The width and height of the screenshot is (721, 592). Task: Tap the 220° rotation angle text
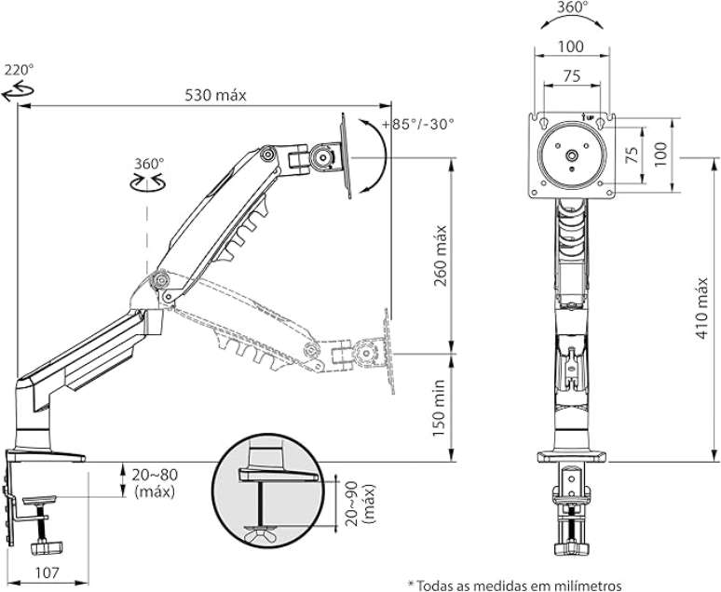pos(19,70)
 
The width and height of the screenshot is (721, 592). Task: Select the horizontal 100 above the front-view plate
pos(572,47)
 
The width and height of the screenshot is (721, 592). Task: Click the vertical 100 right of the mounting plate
pos(660,153)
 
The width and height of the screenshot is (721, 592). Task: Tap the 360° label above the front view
pos(572,7)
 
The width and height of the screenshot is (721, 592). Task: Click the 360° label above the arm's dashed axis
pos(147,163)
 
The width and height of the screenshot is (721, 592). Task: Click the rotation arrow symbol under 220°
pos(16,89)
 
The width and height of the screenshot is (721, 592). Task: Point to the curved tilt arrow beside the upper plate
pos(376,158)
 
